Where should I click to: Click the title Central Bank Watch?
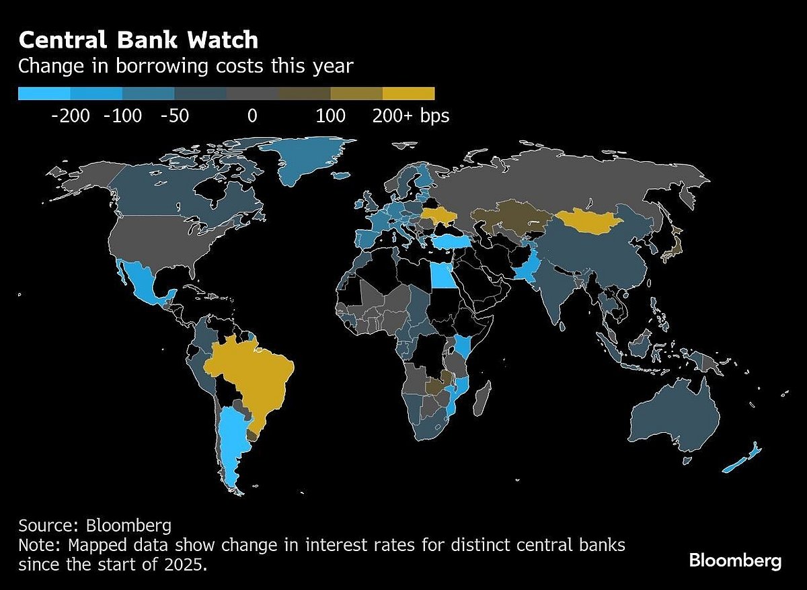point(138,40)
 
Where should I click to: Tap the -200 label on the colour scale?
point(70,116)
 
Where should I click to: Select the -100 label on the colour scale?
point(123,116)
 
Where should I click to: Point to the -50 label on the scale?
point(175,116)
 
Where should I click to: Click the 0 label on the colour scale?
point(252,116)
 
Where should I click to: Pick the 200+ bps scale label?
point(411,116)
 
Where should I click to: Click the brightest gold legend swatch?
point(408,93)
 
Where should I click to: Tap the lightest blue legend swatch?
point(44,93)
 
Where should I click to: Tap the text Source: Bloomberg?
point(94,525)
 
